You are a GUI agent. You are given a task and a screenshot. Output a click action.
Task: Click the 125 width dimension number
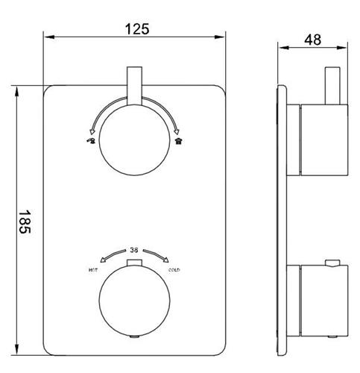[137, 29]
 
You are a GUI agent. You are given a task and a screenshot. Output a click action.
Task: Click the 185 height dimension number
[25, 222]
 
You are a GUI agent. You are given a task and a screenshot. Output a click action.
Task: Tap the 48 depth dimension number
[313, 40]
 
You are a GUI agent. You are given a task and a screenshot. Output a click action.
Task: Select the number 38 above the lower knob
[134, 250]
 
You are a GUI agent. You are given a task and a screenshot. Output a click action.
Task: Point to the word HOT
[93, 270]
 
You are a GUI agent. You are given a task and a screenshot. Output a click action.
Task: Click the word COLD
[174, 270]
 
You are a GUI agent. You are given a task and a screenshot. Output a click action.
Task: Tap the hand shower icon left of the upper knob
[91, 140]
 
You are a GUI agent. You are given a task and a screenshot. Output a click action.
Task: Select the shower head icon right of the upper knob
[179, 141]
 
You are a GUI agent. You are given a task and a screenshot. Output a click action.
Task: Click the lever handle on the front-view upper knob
[134, 86]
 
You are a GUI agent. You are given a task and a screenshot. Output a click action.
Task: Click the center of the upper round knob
[134, 140]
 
